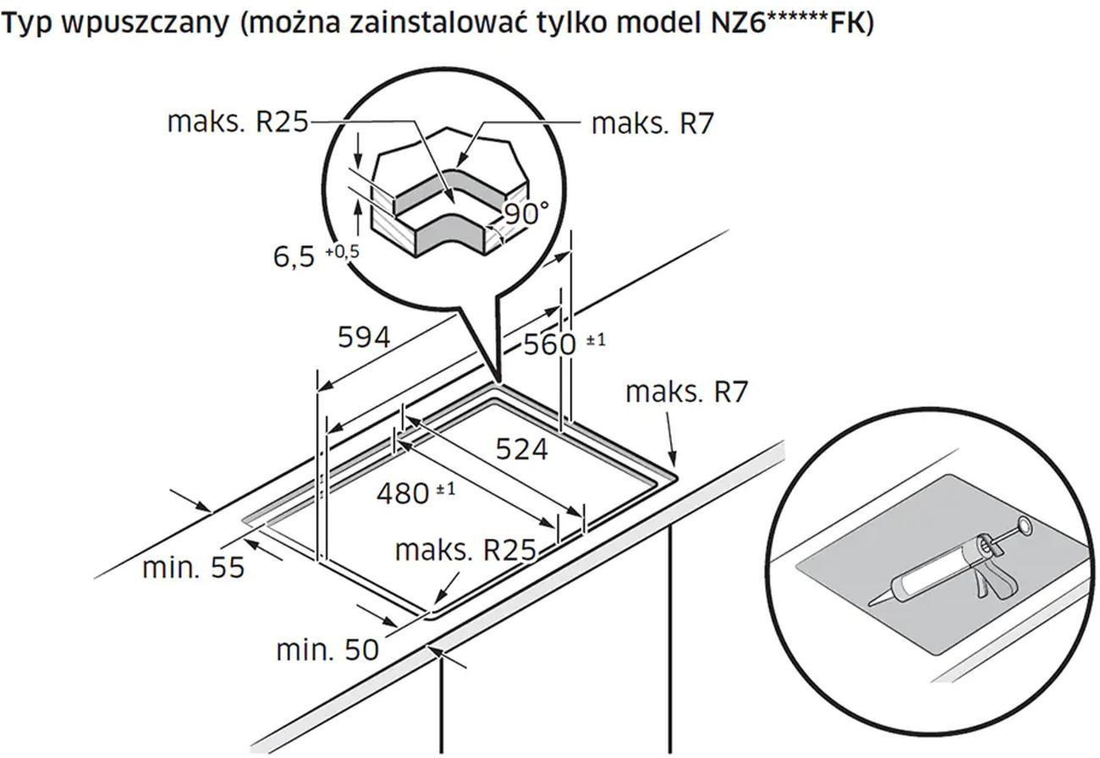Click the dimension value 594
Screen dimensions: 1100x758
tap(364, 338)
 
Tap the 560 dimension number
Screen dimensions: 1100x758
tap(549, 344)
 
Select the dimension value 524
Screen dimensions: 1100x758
tap(521, 449)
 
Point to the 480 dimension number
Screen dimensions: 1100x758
tap(403, 493)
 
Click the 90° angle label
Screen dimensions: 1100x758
tap(527, 213)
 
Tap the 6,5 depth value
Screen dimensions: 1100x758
tap(294, 257)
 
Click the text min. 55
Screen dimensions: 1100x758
tap(194, 568)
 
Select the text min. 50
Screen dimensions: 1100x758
tap(327, 650)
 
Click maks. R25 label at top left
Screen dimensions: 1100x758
tap(238, 121)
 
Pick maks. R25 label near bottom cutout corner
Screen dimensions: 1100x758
tap(465, 550)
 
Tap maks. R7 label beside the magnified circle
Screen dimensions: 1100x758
tap(652, 124)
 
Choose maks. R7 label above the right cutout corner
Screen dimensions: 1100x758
tap(686, 392)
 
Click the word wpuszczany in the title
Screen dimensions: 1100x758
tap(146, 23)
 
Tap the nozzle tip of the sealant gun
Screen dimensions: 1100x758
tap(871, 604)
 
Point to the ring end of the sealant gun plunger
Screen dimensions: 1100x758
tap(1023, 526)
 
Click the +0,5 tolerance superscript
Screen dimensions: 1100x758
tap(343, 251)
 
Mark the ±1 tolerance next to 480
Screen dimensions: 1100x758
tap(445, 489)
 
